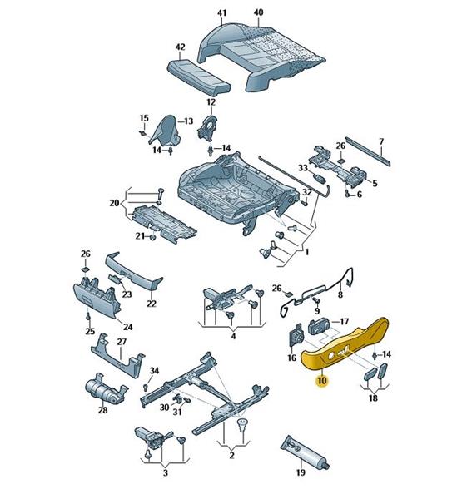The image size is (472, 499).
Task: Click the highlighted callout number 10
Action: [x=322, y=381]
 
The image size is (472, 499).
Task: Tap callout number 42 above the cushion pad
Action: [x=181, y=47]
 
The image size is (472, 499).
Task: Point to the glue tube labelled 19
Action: [x=305, y=452]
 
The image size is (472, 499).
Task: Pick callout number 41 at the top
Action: [x=221, y=13]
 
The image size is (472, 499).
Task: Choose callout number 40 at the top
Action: [x=258, y=12]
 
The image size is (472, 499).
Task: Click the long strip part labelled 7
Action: [x=368, y=151]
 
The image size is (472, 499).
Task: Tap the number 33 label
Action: [x=303, y=167]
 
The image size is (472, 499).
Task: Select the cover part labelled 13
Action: [x=166, y=131]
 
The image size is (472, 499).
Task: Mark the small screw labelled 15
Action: [x=142, y=133]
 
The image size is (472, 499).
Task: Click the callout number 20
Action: [x=114, y=203]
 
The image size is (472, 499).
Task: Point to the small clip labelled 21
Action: [x=152, y=237]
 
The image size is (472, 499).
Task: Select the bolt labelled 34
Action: [x=146, y=388]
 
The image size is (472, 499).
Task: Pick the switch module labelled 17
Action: [x=320, y=326]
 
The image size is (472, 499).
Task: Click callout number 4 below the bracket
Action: [x=233, y=336]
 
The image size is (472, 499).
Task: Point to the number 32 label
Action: [x=306, y=192]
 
